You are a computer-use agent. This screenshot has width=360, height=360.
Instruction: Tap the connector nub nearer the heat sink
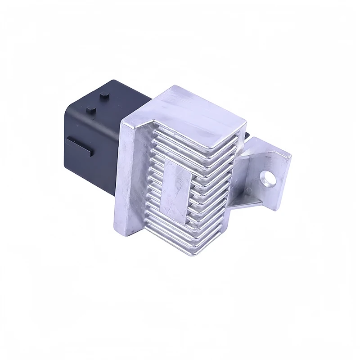[105, 95]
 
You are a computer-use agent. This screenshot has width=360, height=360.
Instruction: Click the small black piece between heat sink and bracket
[249, 134]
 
